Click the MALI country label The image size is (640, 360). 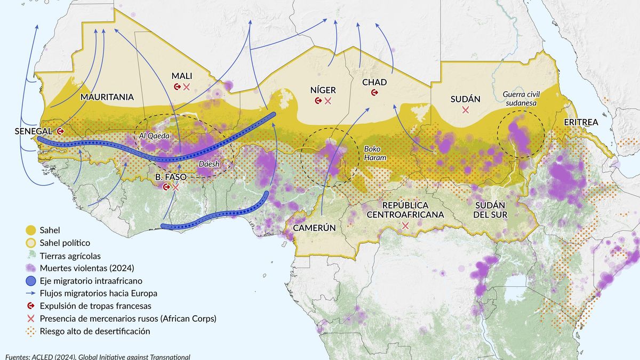coord(181,76)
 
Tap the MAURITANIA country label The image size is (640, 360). coord(107,97)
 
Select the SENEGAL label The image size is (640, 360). coord(33,131)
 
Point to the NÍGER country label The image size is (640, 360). coord(323,90)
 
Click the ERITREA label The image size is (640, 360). coord(581,122)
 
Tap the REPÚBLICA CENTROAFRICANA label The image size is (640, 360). coord(405,210)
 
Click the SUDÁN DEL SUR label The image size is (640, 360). coord(490,209)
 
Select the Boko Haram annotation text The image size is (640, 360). coord(375,154)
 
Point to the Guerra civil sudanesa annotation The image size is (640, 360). coord(521,99)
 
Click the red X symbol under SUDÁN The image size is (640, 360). coord(466,110)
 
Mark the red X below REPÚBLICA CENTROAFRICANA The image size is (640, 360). coord(405,226)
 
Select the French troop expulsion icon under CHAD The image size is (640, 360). coord(374,93)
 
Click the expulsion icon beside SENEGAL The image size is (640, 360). coord(61,131)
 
